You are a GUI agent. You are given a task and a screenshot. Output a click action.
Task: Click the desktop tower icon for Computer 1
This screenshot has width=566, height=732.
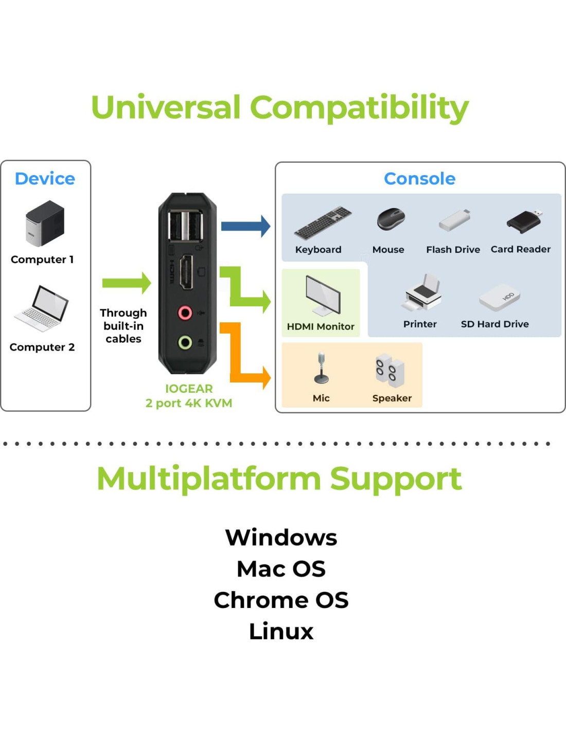(x=45, y=223)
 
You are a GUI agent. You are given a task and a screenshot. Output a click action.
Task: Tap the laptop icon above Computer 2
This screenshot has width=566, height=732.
(x=41, y=308)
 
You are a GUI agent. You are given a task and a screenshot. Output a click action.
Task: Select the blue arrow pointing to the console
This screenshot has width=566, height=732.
(x=245, y=226)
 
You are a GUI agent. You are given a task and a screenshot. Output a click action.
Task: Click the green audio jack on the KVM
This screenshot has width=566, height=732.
(x=185, y=343)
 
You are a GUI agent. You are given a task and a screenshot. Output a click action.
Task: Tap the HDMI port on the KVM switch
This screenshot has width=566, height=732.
(x=186, y=272)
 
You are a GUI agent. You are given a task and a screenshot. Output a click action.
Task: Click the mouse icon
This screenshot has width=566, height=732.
(x=391, y=219)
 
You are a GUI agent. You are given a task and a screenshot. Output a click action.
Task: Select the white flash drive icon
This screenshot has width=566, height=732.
(x=454, y=220)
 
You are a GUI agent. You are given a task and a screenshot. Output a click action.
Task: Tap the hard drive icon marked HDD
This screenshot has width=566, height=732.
(x=500, y=297)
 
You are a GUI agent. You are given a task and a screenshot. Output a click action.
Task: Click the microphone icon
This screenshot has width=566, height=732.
(x=322, y=368)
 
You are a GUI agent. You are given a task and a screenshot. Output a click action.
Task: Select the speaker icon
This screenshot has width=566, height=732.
(x=390, y=371)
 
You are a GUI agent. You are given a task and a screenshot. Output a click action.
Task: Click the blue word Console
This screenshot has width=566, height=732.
(x=419, y=179)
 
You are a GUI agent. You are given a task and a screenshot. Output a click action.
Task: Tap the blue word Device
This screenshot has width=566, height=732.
(x=45, y=179)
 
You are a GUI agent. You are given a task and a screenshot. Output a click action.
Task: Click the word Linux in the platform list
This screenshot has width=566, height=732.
(x=281, y=631)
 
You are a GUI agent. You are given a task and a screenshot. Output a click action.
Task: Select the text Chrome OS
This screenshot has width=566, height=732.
(x=281, y=600)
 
